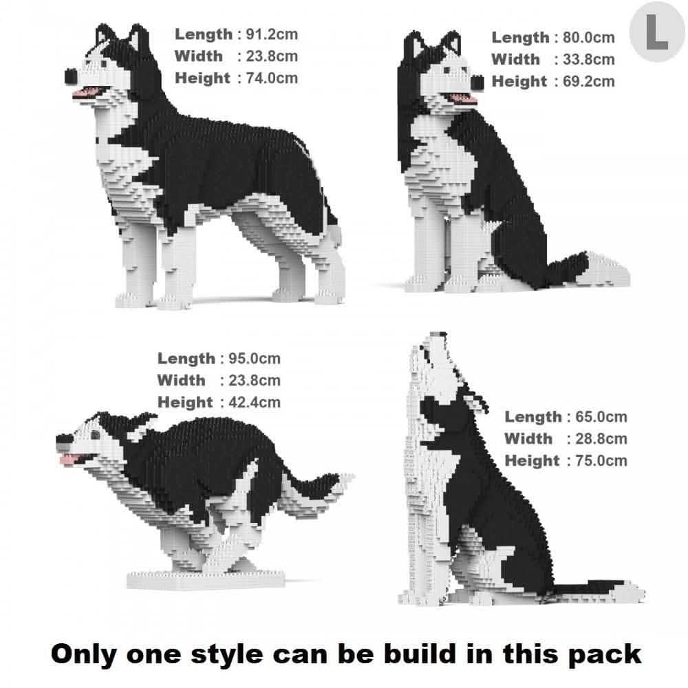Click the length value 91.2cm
272,34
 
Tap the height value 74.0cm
272,78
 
